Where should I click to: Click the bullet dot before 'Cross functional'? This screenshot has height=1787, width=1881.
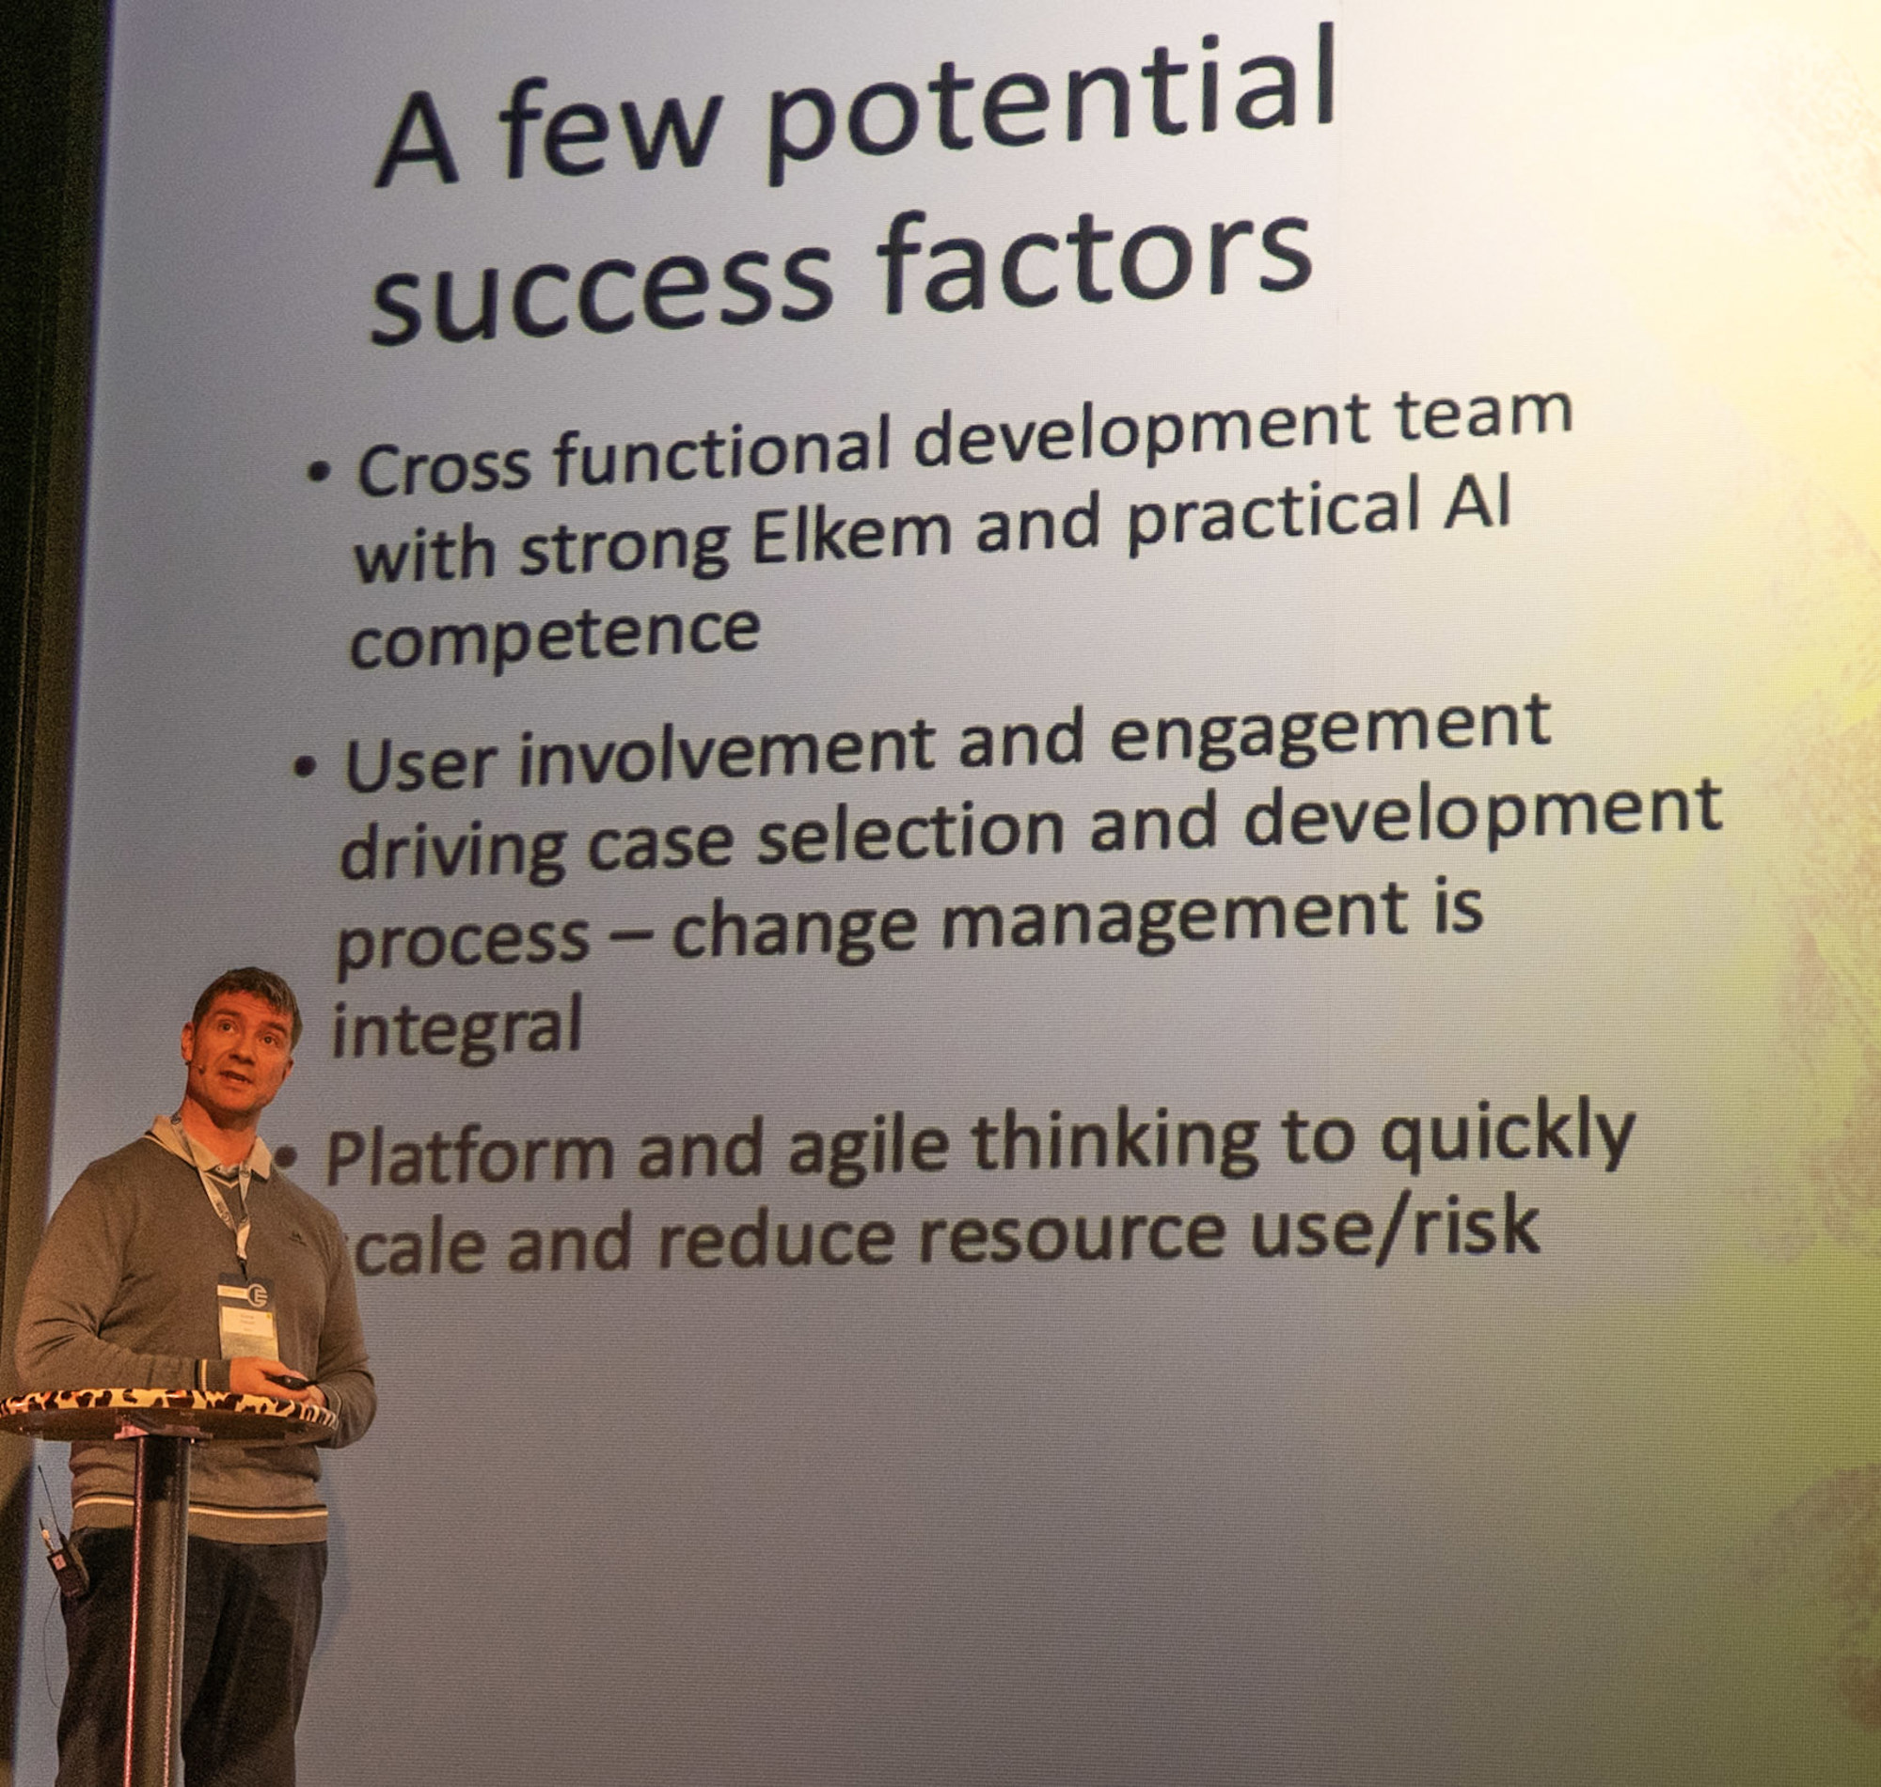coord(321,472)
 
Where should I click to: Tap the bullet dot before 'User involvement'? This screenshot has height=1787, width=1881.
coord(305,766)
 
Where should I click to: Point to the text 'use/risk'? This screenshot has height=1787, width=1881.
coord(1397,1229)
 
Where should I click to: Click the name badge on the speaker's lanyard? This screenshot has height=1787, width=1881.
coord(246,1318)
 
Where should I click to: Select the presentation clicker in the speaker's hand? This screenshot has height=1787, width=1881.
coord(292,1380)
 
